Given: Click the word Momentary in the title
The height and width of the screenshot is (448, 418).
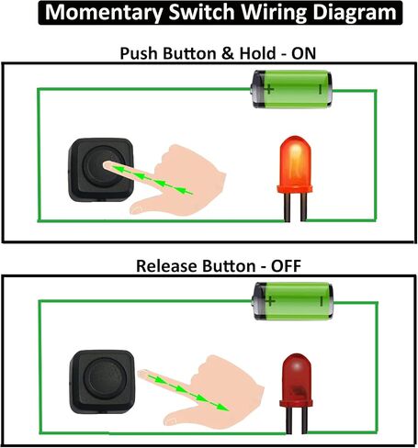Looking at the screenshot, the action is (104, 12).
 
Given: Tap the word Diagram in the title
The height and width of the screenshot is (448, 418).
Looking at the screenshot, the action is (355, 12).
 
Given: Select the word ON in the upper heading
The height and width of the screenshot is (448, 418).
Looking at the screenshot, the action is (303, 53).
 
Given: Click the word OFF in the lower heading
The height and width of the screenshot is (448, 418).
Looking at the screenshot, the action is (286, 265).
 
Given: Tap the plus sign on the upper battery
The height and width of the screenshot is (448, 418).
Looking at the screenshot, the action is (269, 89).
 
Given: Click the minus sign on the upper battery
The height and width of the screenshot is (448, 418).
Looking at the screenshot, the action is (321, 90).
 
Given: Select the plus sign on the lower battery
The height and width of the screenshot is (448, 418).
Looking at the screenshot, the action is (270, 301).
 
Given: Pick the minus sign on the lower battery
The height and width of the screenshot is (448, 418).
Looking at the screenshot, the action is (322, 301).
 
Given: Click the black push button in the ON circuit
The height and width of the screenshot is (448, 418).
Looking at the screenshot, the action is (101, 170).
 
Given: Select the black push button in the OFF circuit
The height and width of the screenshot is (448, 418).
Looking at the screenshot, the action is (102, 382).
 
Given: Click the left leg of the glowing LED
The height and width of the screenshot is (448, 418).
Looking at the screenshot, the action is (288, 207).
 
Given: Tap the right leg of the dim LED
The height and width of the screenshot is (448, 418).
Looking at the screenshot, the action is (304, 420).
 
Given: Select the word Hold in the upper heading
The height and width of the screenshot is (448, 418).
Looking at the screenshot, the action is (257, 53).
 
